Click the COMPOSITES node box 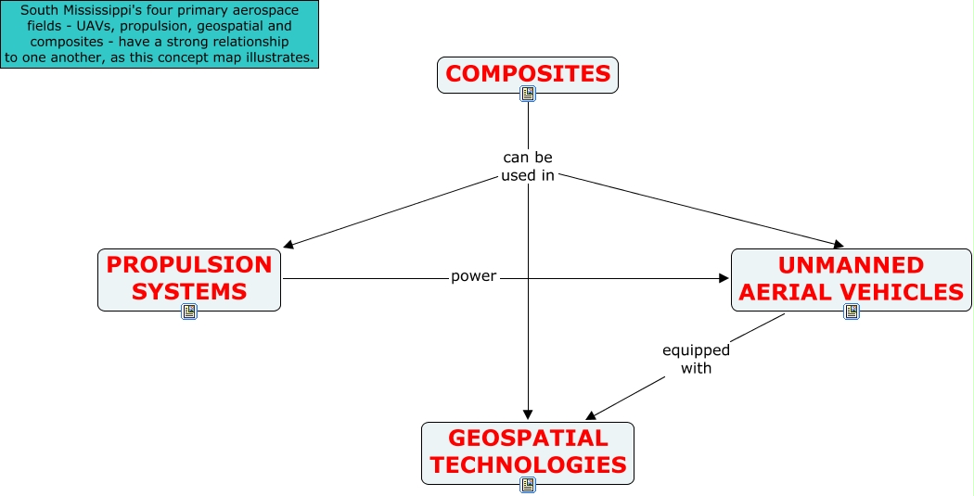tap(527, 74)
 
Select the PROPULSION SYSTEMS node tap(189, 278)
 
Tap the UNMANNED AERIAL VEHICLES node tap(851, 278)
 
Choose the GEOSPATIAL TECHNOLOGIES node tap(528, 452)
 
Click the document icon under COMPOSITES tap(528, 94)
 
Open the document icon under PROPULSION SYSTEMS tap(189, 312)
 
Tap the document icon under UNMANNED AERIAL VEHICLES tap(852, 312)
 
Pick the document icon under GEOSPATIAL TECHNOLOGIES tap(528, 485)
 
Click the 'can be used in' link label tap(527, 166)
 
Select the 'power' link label tap(473, 276)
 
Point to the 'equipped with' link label tap(696, 359)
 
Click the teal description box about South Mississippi tap(160, 34)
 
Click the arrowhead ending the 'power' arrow tap(724, 278)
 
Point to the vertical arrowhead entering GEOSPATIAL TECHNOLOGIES tap(528, 415)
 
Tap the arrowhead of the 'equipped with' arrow tap(593, 415)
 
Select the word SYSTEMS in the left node tap(189, 291)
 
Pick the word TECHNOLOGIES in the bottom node tap(528, 464)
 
